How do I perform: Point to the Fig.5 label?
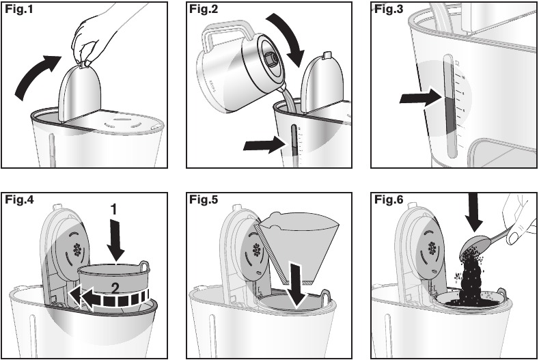click(x=204, y=200)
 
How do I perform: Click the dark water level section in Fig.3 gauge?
click(x=449, y=112)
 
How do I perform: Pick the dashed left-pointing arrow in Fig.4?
click(x=109, y=297)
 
